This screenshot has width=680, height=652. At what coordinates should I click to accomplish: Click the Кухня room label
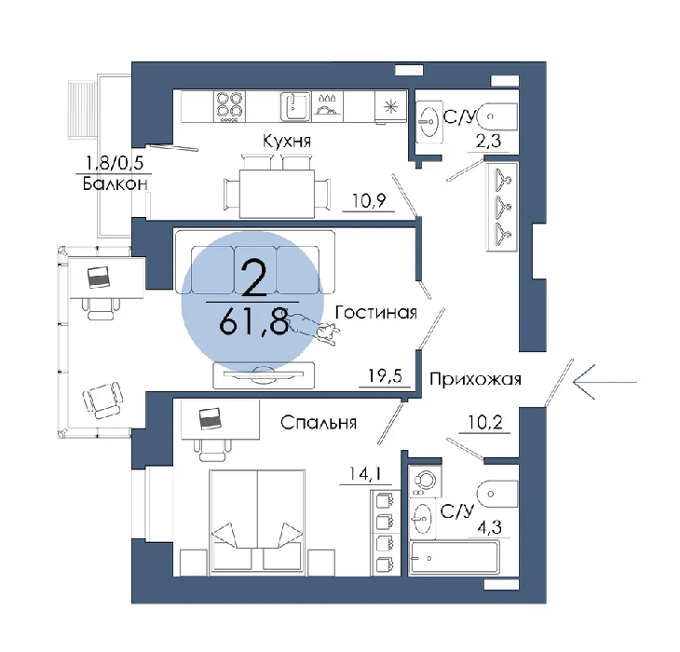click(x=287, y=142)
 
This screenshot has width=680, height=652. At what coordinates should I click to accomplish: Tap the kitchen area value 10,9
click(x=369, y=200)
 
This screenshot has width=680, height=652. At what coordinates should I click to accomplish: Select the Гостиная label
click(x=375, y=312)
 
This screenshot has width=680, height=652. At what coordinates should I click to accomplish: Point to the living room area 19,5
click(x=385, y=375)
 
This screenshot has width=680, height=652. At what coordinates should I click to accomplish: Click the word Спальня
click(x=319, y=422)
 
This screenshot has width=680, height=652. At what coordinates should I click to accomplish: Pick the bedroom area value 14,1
click(x=365, y=474)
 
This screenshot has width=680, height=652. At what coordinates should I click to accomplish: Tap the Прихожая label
click(x=475, y=379)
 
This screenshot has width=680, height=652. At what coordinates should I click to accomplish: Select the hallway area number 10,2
click(x=485, y=422)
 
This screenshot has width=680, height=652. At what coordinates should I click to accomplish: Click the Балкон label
click(x=115, y=184)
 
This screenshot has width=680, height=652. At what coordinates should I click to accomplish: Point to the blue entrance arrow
click(x=605, y=382)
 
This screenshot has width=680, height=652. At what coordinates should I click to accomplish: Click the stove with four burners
click(x=229, y=106)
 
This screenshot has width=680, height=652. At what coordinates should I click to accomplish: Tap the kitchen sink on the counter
click(x=296, y=106)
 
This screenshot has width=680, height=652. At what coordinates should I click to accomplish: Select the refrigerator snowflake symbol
click(x=390, y=106)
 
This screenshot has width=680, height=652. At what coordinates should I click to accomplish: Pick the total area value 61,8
click(x=253, y=320)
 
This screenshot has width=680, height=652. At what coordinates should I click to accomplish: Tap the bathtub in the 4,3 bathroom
click(x=455, y=558)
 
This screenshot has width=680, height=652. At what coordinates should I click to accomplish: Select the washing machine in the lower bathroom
click(x=426, y=481)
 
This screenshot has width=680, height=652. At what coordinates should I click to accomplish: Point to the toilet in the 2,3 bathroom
click(x=497, y=116)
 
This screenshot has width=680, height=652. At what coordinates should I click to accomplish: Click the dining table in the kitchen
click(x=277, y=194)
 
